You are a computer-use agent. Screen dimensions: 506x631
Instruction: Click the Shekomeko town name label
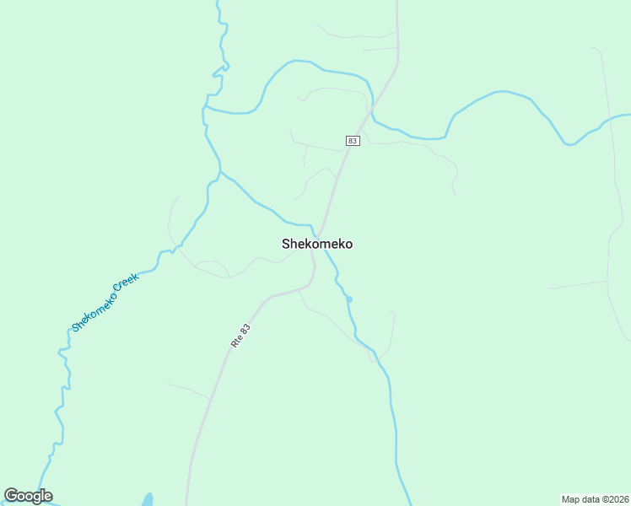[317, 244]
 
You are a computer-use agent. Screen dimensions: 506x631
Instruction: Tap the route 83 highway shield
[353, 141]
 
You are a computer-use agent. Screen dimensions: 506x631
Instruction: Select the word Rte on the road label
[236, 341]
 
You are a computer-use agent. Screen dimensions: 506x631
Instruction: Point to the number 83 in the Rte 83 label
[245, 326]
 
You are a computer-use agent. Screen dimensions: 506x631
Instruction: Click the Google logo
[28, 496]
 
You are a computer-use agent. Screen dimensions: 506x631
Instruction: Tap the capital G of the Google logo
[12, 495]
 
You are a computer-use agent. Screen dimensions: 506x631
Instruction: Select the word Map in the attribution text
[571, 499]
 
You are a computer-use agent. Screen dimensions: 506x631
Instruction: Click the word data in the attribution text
[591, 499]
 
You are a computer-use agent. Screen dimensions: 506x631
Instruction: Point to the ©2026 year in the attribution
[616, 499]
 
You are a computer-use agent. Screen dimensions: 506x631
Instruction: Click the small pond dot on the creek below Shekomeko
[349, 299]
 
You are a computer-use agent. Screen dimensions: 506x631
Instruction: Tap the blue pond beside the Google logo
[147, 499]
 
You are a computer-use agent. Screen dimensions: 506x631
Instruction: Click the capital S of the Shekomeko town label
[286, 244]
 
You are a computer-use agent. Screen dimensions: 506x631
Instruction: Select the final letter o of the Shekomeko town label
[348, 244]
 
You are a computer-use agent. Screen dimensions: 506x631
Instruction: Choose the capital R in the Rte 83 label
[234, 344]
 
